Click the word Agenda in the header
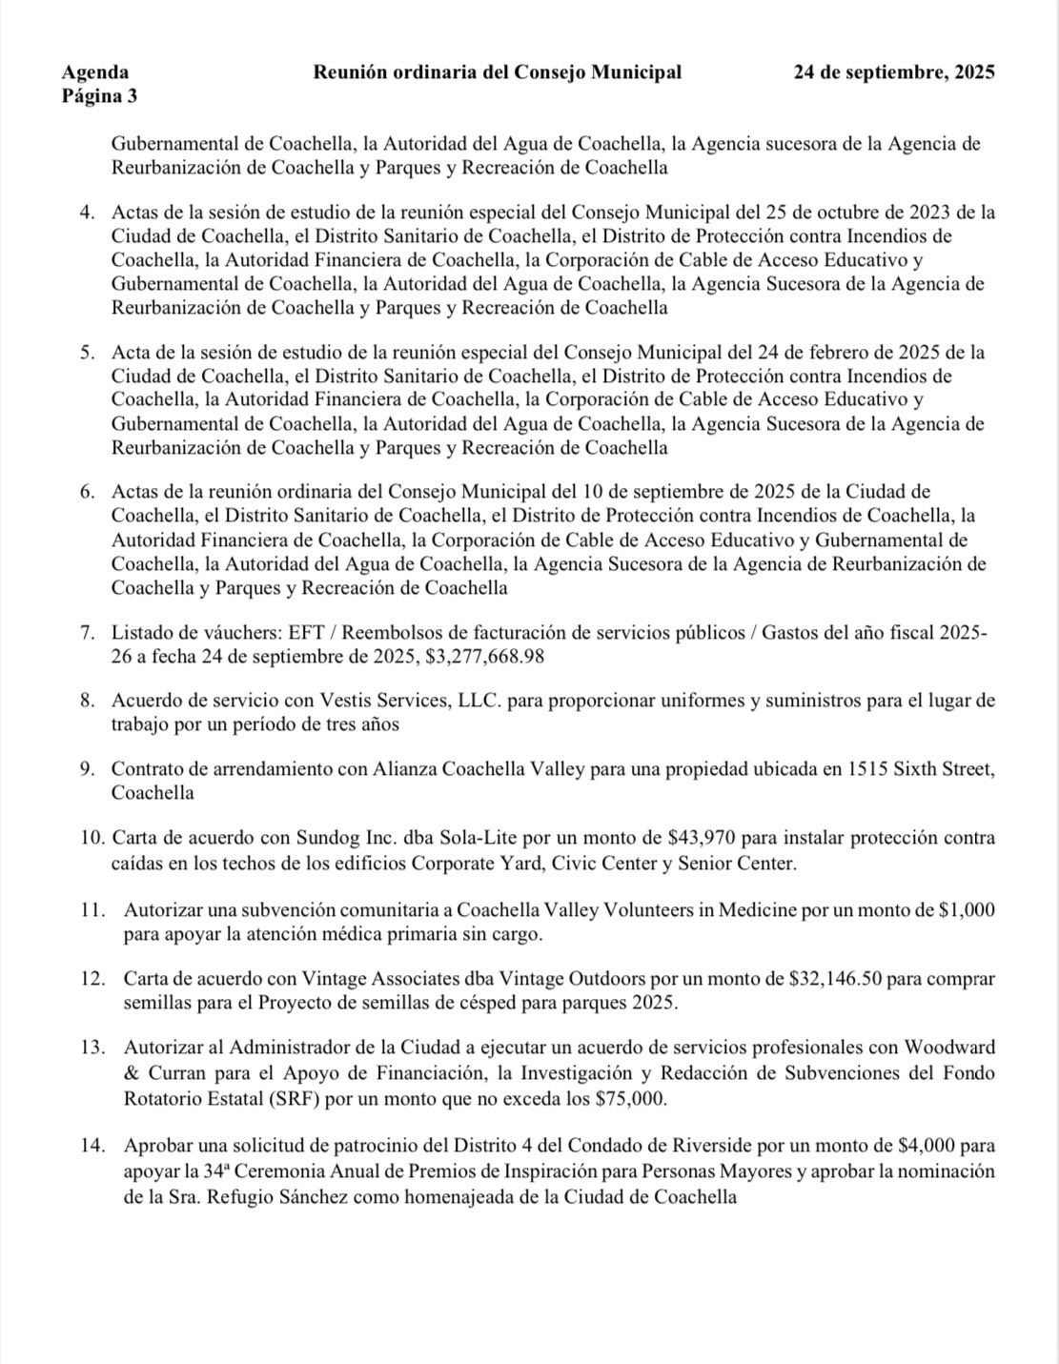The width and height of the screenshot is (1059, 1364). click(x=95, y=72)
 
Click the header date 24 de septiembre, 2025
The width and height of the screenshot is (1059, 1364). click(x=894, y=72)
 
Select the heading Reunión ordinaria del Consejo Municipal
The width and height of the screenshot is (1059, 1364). click(x=497, y=72)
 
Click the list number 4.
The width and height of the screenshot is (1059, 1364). click(x=87, y=212)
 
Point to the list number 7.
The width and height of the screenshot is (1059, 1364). click(x=87, y=633)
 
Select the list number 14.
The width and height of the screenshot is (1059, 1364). click(x=92, y=1146)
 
